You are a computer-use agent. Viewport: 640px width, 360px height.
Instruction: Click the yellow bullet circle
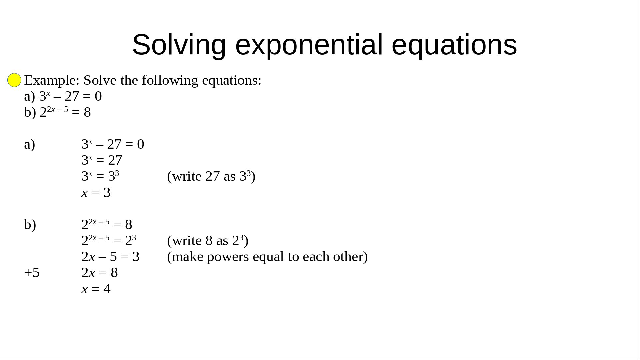pyautogui.click(x=14, y=80)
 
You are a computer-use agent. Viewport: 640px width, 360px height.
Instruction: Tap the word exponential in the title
pyautogui.click(x=309, y=45)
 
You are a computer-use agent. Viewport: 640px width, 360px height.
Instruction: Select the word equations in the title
pyautogui.click(x=454, y=45)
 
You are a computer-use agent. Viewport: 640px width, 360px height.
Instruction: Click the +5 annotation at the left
pyautogui.click(x=32, y=273)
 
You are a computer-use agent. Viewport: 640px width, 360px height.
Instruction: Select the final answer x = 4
pyautogui.click(x=96, y=289)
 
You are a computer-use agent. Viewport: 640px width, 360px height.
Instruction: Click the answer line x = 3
pyautogui.click(x=96, y=193)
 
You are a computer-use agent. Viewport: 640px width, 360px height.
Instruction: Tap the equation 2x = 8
pyautogui.click(x=100, y=273)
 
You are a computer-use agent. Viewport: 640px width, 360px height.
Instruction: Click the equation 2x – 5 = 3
pyautogui.click(x=111, y=257)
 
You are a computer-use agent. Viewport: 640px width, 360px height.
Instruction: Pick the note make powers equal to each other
pyautogui.click(x=267, y=257)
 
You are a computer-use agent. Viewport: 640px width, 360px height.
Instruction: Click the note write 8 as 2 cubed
pyautogui.click(x=208, y=240)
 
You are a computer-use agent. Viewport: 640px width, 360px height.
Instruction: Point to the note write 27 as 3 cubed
pyautogui.click(x=211, y=176)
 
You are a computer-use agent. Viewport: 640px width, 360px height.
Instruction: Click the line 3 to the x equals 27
pyautogui.click(x=102, y=160)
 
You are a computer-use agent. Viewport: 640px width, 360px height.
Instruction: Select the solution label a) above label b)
pyautogui.click(x=30, y=144)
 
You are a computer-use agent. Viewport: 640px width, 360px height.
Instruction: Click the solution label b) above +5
pyautogui.click(x=30, y=224)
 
